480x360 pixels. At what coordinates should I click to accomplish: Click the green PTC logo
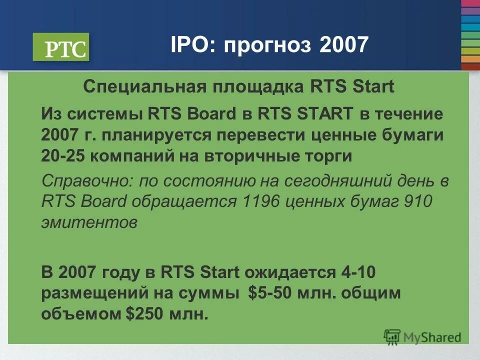click(61, 47)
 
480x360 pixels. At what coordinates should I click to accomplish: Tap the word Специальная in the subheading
click(144, 86)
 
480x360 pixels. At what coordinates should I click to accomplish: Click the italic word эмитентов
click(89, 222)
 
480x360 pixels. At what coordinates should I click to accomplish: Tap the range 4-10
click(358, 272)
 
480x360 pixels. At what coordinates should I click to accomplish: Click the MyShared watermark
click(422, 337)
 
